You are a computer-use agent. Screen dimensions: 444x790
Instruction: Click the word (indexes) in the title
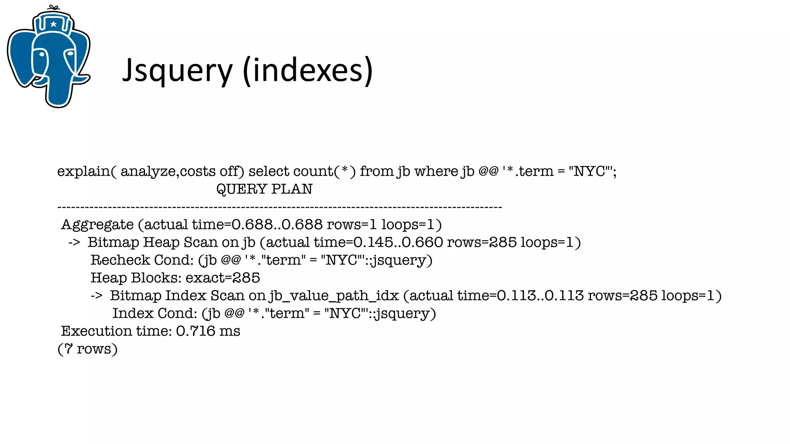coord(308,71)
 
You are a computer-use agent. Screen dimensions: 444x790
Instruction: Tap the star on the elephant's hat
coord(53,24)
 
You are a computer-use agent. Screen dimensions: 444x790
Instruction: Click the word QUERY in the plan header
coord(241,189)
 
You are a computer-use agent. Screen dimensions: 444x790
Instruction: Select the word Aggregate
coord(98,225)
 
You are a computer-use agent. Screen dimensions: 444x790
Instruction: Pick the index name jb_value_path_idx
coord(334,296)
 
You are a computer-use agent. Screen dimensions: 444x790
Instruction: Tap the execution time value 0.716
coord(196,331)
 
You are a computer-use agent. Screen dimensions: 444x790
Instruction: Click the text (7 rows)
coord(88,349)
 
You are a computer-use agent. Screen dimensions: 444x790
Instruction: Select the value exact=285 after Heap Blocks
coord(223,278)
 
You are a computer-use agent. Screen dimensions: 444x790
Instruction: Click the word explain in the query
coord(84,171)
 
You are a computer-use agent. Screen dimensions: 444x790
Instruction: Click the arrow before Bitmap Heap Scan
coord(74,242)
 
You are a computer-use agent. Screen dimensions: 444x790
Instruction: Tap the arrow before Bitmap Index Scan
coord(96,296)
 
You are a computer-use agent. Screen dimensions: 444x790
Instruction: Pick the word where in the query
coord(436,171)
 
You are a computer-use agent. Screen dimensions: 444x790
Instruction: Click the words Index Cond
coord(154,313)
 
